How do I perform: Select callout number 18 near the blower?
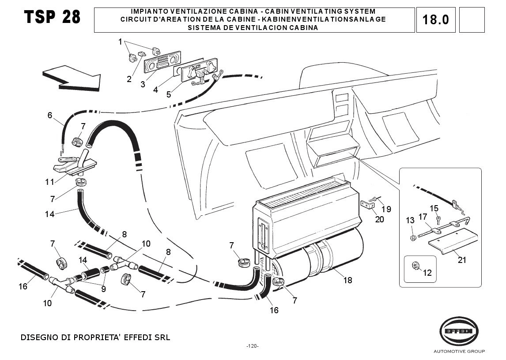coord(348,280)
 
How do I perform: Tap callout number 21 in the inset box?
coord(462,260)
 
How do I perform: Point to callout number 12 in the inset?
coord(427,273)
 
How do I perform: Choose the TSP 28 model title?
coord(53,17)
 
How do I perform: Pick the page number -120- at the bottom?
coord(253,346)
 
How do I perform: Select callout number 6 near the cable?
coord(50,116)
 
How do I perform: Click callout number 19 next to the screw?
coord(386,209)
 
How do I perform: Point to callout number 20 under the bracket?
coord(379,219)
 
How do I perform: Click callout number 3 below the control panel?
coord(143,84)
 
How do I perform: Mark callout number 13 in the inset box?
coord(410,220)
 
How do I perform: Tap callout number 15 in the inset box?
coord(434,208)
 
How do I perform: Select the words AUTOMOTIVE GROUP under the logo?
coord(459,351)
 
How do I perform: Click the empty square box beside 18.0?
coord(472,20)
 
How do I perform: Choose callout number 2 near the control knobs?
coord(129,79)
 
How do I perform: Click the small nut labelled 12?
coord(416,265)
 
